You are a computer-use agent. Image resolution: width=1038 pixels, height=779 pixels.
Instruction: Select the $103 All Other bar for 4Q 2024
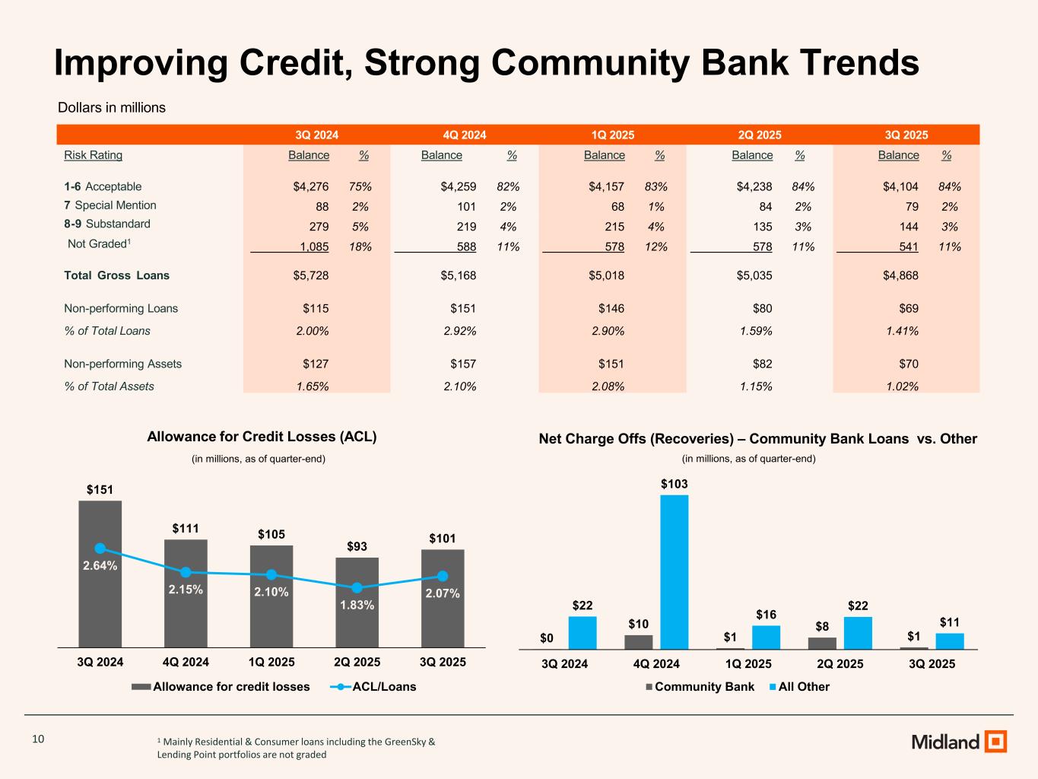[674, 571]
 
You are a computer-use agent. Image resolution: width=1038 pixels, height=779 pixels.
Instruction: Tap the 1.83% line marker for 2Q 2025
[357, 587]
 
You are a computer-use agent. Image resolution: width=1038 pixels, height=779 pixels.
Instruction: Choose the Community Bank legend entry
[700, 687]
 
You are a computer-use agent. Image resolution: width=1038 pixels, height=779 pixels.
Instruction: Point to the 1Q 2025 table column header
[612, 135]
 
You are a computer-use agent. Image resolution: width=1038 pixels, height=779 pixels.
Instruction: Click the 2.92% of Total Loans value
[459, 331]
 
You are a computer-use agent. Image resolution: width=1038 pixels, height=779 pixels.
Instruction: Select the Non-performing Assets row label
[122, 364]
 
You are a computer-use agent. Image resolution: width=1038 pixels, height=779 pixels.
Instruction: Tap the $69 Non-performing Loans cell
[908, 308]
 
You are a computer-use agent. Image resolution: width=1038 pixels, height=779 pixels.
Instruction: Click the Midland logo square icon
[995, 741]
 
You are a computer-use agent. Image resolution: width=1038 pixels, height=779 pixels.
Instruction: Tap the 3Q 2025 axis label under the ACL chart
[443, 662]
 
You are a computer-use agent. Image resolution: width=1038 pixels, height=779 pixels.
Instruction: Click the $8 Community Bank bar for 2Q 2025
[822, 644]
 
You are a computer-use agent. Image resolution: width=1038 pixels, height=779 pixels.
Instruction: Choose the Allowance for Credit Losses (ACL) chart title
[262, 437]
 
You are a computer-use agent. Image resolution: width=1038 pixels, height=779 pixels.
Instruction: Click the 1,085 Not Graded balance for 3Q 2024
[314, 246]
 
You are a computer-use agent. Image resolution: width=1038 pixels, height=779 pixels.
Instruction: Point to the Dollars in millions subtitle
[112, 108]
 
